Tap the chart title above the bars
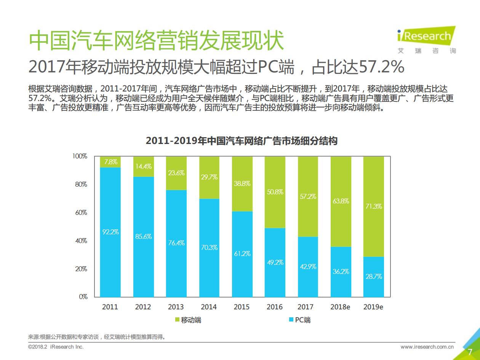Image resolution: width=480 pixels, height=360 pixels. tap(242, 141)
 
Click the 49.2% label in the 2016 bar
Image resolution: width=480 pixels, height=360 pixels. tap(275, 262)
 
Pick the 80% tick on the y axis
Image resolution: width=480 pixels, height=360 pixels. tap(80, 184)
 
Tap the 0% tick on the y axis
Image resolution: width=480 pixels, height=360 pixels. tap(83, 297)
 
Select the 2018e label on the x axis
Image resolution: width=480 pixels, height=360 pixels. tap(340, 307)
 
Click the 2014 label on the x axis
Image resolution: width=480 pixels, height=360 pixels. tap(209, 307)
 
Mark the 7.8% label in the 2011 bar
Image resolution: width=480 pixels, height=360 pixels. tap(110, 162)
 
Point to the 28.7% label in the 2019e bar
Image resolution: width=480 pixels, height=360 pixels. tap(373, 277)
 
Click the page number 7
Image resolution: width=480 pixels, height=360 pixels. tap(470, 351)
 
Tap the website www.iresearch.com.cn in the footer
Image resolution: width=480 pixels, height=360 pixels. tap(427, 347)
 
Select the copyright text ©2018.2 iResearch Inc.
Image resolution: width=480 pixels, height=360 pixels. tap(56, 347)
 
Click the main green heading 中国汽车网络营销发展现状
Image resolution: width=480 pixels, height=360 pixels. tap(157, 40)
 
